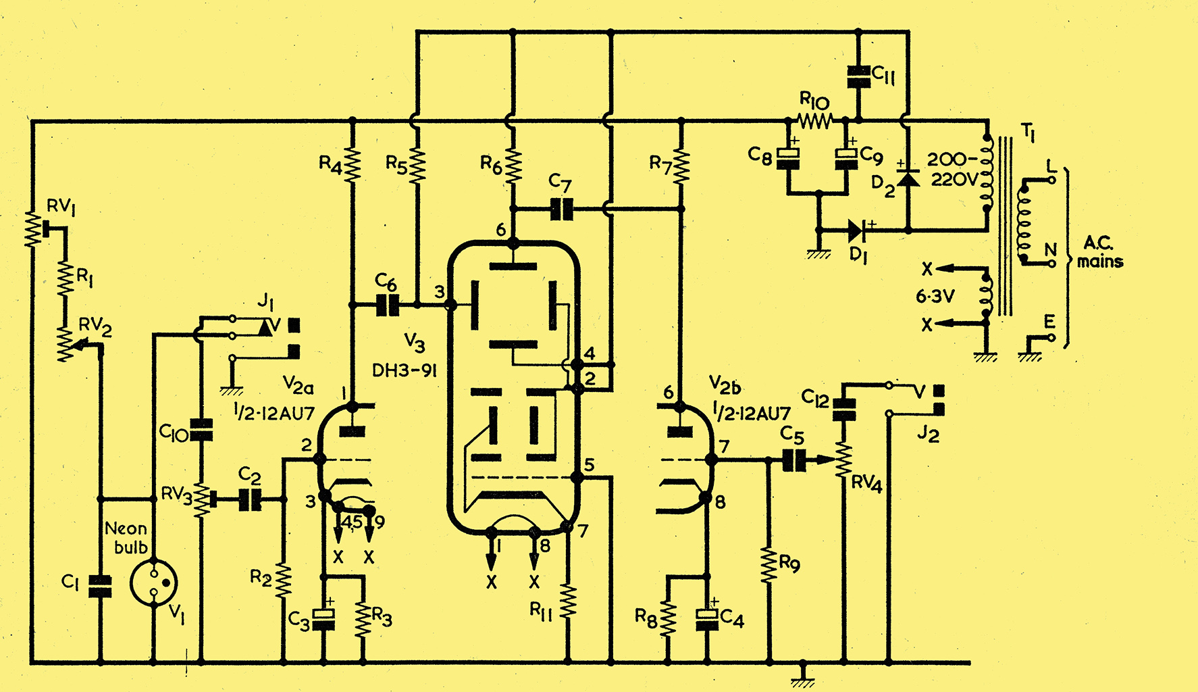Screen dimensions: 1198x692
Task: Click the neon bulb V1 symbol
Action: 153,582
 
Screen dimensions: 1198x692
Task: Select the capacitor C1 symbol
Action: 101,587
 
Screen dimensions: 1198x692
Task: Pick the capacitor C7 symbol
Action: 561,209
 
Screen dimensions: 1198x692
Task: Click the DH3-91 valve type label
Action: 404,370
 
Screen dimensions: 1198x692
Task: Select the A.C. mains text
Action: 1100,253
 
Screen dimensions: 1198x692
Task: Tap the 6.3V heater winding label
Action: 935,296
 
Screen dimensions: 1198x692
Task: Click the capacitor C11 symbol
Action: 858,76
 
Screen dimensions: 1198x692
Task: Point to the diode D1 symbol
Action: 858,231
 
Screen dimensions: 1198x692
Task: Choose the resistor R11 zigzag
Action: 568,601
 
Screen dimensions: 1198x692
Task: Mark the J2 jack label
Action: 928,435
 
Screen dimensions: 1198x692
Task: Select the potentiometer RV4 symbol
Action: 843,461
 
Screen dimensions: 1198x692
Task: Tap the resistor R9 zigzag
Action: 769,564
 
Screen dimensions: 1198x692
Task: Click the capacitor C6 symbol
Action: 387,305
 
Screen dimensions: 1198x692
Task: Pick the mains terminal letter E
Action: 1049,322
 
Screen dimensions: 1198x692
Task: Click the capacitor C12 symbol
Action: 843,408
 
